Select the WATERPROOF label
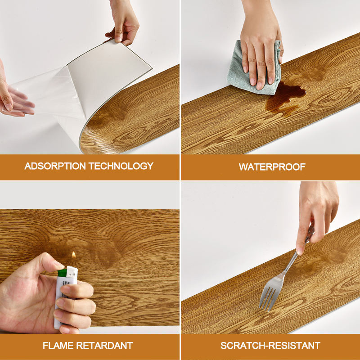coord(272,167)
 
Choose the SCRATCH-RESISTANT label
coord(270,346)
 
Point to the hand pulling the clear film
coord(11,97)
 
